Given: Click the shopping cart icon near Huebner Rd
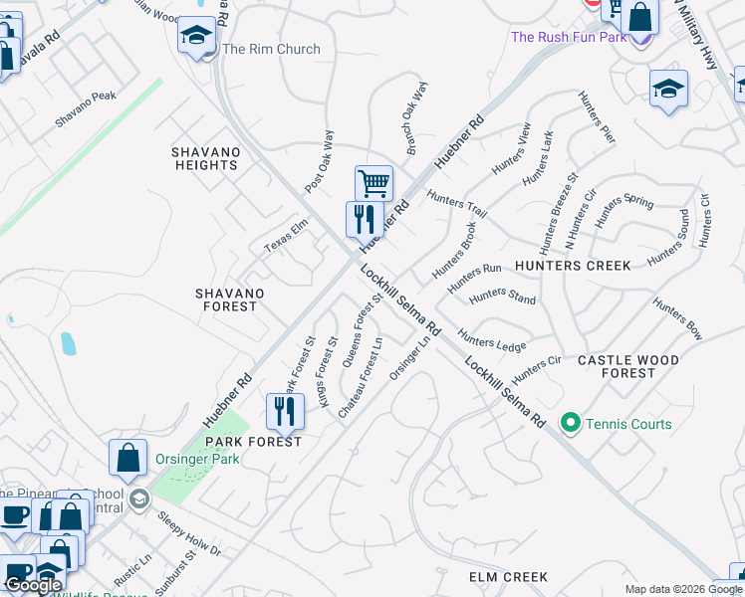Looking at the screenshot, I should coord(373,182).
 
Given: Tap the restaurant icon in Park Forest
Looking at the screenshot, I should coord(285,410).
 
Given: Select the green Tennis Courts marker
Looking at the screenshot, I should coord(571,424).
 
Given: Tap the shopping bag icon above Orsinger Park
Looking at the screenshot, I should coord(128,458).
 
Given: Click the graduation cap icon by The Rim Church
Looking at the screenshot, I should coord(197,36).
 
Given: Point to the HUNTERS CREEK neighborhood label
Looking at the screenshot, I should coord(573,266).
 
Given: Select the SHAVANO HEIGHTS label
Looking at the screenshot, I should coord(206,158).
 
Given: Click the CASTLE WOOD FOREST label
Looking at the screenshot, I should coord(628,366).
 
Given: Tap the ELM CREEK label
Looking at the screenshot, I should coord(508,577).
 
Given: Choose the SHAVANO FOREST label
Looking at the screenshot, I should coord(230,299).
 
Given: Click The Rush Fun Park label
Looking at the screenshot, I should coord(569,37).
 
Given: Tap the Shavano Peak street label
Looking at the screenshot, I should coord(86,109).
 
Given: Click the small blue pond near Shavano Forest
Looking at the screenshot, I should coord(67,344).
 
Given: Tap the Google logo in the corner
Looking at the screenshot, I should coord(33,585).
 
